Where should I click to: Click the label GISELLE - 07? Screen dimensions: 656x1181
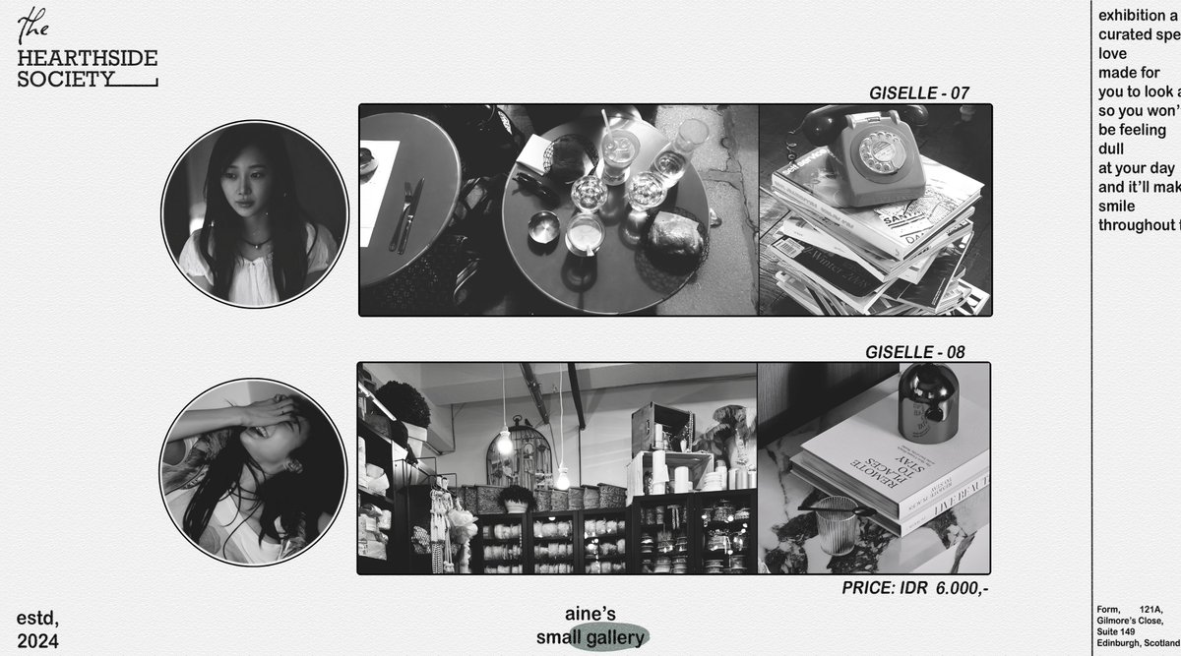pos(918,93)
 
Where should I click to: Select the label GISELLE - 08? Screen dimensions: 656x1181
pos(914,352)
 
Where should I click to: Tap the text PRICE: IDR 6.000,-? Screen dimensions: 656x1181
pos(914,588)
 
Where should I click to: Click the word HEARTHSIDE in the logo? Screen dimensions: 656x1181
pos(87,59)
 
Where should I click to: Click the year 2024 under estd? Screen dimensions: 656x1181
pos(37,641)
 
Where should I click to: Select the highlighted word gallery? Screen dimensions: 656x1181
pos(614,637)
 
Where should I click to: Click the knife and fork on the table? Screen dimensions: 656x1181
pos(405,213)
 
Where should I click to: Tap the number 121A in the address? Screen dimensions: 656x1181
pos(1149,611)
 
